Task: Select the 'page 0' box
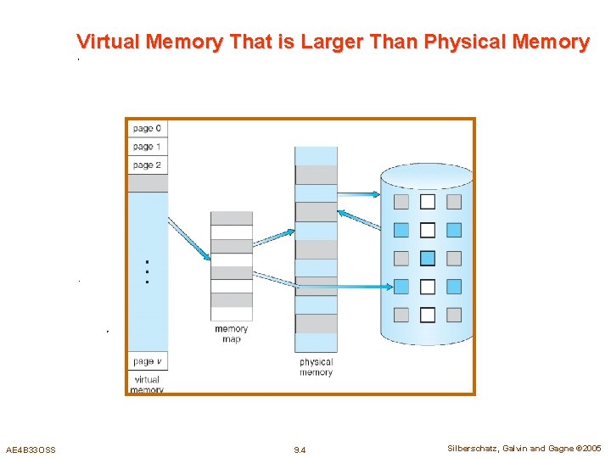[147, 129]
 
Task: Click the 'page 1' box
[147, 147]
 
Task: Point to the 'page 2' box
[147, 165]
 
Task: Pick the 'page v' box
[147, 362]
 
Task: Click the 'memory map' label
[231, 334]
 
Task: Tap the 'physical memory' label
[316, 367]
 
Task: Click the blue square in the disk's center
[428, 258]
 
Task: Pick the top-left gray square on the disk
[401, 202]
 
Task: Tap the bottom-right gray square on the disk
[454, 315]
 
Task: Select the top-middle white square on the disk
[428, 202]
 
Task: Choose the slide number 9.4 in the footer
[300, 450]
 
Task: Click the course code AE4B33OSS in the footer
[31, 450]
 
